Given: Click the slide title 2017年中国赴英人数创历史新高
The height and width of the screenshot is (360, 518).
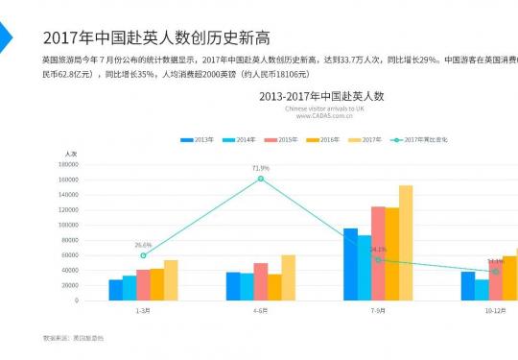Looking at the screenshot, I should click(156, 38).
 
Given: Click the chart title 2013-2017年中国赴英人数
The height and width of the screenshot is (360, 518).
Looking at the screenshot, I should click(321, 96).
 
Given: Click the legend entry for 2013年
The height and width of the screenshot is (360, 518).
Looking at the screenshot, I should click(198, 140).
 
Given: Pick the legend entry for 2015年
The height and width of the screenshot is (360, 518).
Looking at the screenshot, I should click(282, 140).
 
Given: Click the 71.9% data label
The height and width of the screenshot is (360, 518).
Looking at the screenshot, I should click(261, 168).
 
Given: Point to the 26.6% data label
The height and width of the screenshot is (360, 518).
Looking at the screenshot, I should click(143, 245).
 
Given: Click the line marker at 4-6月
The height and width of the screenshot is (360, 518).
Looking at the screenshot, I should click(261, 179).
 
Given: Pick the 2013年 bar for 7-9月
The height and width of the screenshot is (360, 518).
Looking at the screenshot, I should click(350, 264).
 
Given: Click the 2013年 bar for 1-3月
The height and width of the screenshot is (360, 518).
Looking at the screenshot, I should click(115, 290).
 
